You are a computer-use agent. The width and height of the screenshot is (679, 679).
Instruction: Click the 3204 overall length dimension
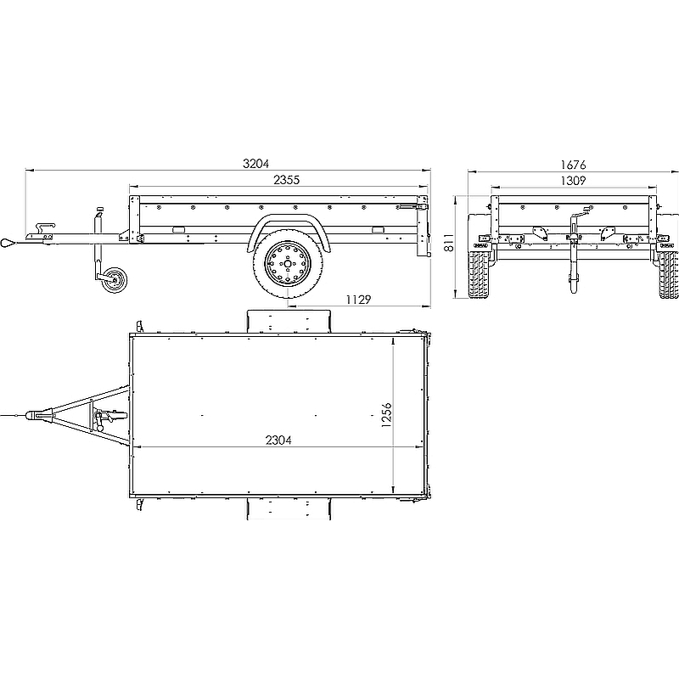256,164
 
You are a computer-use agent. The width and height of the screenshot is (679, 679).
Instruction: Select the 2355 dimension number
286,180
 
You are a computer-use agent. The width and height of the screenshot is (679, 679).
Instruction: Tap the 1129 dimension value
358,300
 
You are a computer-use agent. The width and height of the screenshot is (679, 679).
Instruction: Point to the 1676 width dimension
573,165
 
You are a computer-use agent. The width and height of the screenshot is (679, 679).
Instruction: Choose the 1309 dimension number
573,181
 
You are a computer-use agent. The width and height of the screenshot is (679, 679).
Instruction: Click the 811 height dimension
449,243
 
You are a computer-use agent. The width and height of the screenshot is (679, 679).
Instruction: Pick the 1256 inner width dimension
387,415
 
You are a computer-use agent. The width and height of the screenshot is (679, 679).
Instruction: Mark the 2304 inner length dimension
278,440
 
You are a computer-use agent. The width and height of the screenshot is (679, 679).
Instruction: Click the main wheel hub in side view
288,264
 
